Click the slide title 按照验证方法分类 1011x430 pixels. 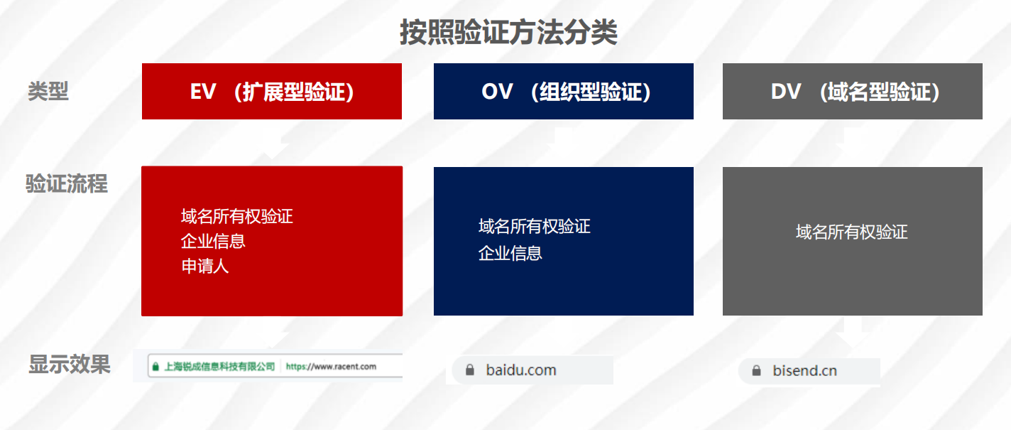click(x=508, y=33)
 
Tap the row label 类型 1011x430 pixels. click(x=48, y=91)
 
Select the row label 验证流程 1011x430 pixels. click(x=67, y=184)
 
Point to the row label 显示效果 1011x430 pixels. click(x=70, y=364)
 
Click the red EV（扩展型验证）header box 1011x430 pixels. click(x=272, y=91)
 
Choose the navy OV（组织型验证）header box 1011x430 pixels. click(x=563, y=91)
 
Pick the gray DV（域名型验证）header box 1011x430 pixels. click(x=852, y=91)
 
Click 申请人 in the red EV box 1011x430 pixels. click(x=205, y=266)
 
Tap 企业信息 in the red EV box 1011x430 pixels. click(x=213, y=241)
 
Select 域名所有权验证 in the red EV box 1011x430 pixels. click(x=237, y=216)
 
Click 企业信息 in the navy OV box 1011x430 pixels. click(x=510, y=253)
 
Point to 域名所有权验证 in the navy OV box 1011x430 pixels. click(x=535, y=226)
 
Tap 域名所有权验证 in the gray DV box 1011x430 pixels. click(x=852, y=232)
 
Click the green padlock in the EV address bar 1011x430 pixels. click(x=155, y=366)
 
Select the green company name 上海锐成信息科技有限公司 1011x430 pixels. click(x=219, y=366)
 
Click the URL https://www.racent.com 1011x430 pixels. click(x=331, y=366)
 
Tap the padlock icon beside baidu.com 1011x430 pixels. click(x=470, y=370)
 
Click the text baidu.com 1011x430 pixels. click(x=521, y=370)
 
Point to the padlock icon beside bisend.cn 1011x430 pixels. click(x=756, y=371)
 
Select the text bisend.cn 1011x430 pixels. click(x=804, y=371)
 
